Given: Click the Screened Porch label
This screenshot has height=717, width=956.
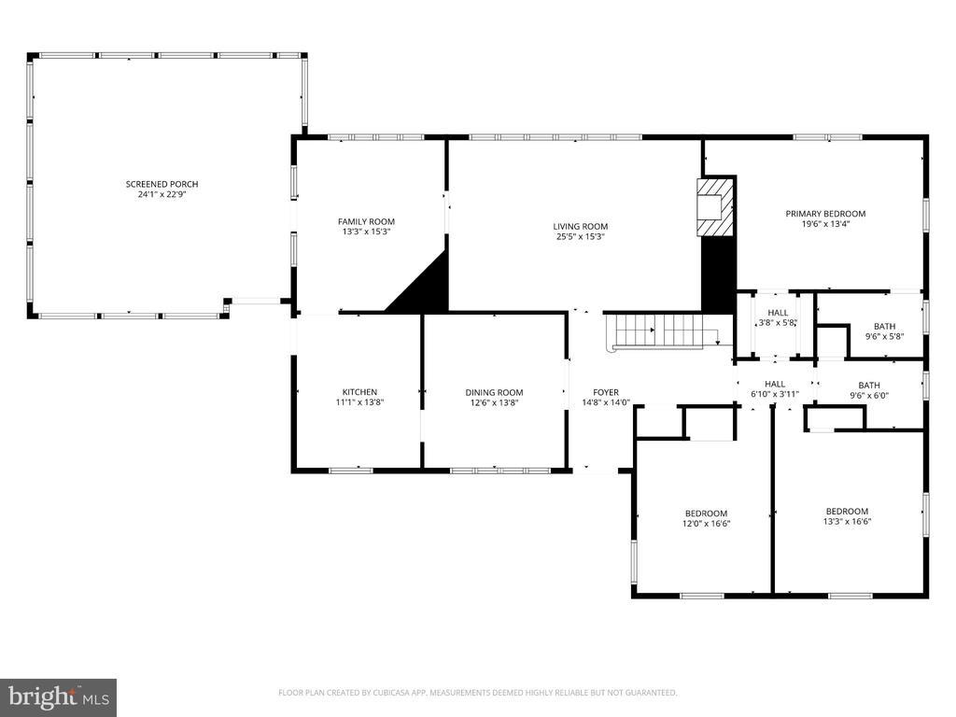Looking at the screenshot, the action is pos(162,184).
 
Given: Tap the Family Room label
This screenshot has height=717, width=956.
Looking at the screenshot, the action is pos(366,222).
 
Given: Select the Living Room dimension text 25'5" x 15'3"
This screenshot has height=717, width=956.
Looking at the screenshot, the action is pos(581,237).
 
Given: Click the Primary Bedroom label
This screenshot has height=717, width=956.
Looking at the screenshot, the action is pos(825,214).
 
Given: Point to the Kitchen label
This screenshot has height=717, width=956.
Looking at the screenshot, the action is pos(359,392).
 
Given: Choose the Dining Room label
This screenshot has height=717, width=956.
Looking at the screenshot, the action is pos(495,393).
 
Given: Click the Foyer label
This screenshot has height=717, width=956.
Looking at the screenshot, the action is pos(606,393).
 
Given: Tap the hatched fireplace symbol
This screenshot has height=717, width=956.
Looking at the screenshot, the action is pos(715,206).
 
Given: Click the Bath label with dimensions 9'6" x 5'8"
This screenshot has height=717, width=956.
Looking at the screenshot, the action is pos(885,327).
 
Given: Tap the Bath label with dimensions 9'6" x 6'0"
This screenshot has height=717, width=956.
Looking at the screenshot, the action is pos(869,386).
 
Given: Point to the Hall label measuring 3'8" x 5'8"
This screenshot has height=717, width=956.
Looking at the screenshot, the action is pos(778,313).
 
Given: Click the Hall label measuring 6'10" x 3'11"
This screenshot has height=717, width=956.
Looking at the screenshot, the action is pos(775,384).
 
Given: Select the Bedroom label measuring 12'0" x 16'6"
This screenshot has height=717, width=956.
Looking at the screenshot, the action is pos(706,513).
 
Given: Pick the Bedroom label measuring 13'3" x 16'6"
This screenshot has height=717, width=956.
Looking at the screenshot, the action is pos(848,512).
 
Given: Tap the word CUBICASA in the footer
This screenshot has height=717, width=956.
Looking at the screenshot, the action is pos(404,693).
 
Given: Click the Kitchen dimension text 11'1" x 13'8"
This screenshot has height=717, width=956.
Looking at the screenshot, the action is pos(359,402).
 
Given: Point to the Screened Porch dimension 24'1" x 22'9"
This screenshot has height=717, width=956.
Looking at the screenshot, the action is pos(162,194).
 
